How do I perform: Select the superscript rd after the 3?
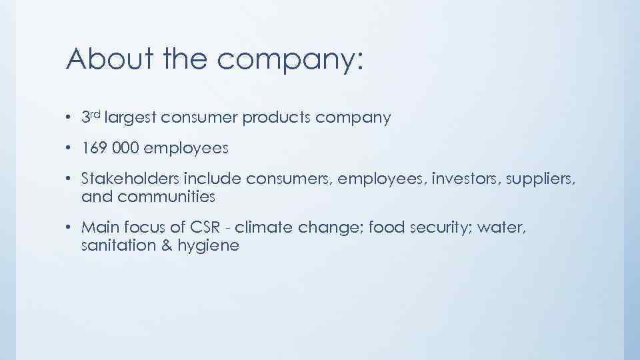pos(96,114)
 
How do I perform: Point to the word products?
pos(273,119)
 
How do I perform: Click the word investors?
pos(464,179)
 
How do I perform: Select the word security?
pos(431,229)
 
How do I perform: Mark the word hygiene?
pos(209,247)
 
